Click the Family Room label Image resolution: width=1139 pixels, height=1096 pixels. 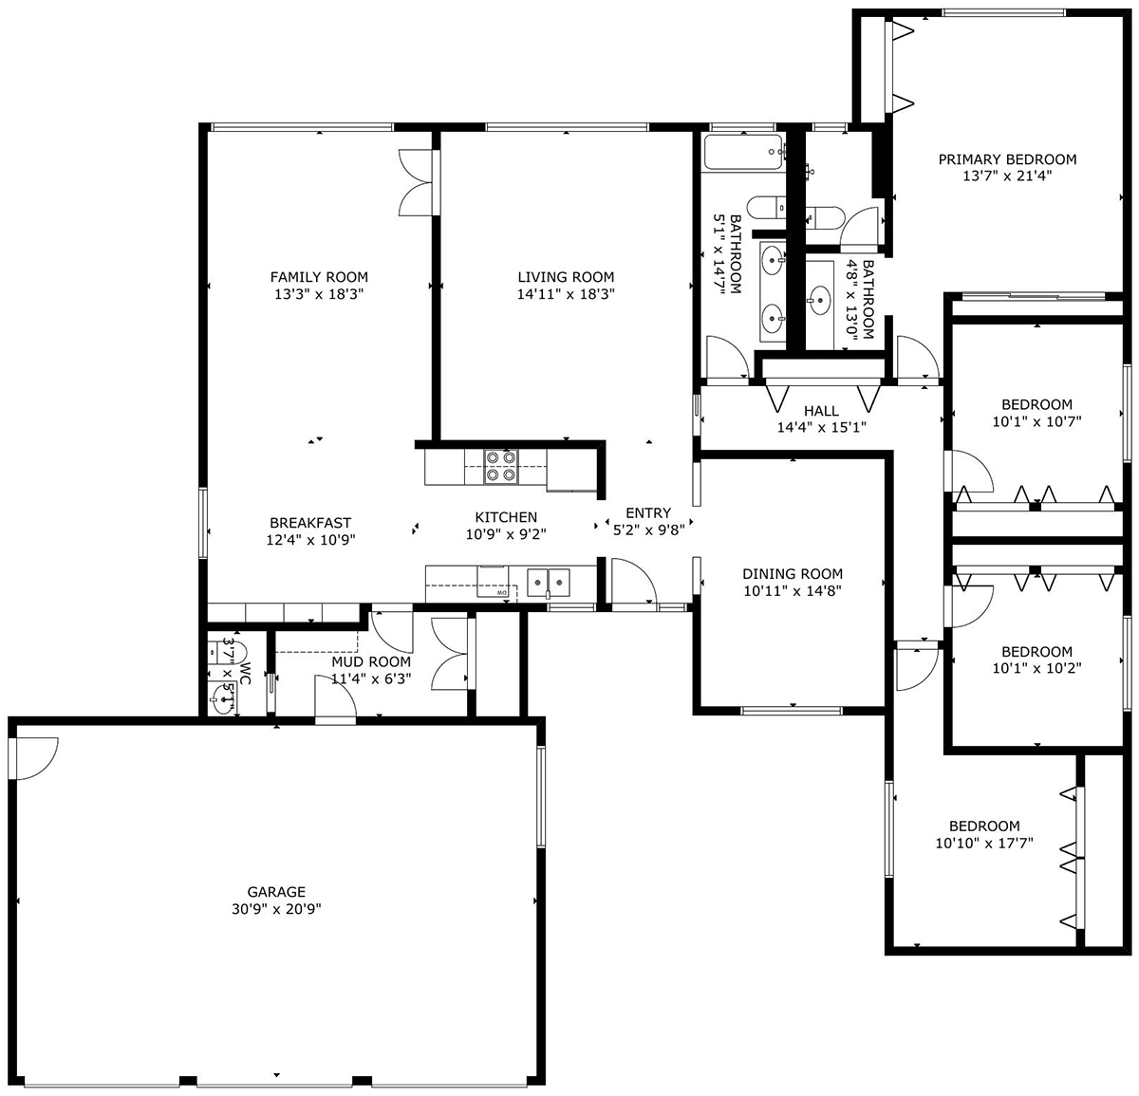319,277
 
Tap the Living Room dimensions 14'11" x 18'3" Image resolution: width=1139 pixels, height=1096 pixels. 566,294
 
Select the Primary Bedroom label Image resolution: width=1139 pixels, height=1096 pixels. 1007,159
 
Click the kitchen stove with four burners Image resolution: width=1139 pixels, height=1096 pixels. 501,466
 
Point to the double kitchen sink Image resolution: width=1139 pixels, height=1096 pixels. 549,583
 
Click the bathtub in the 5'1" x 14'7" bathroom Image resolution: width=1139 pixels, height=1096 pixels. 743,153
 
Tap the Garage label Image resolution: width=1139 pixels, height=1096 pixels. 276,892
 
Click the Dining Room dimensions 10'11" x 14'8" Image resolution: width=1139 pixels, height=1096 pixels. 793,591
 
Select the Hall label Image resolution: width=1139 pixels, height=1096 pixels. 821,411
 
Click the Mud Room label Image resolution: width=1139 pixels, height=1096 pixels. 371,661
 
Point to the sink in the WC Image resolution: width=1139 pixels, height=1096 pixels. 222,698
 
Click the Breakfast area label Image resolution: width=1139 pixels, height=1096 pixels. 310,523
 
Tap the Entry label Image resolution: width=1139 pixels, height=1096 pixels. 648,513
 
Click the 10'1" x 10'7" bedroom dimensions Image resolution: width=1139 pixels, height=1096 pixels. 1036,421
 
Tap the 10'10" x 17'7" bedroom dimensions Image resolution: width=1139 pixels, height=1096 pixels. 984,844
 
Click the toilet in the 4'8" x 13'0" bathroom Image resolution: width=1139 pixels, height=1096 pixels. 824,218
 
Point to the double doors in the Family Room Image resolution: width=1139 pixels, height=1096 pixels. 417,182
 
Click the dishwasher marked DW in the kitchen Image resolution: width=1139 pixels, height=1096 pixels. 497,591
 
